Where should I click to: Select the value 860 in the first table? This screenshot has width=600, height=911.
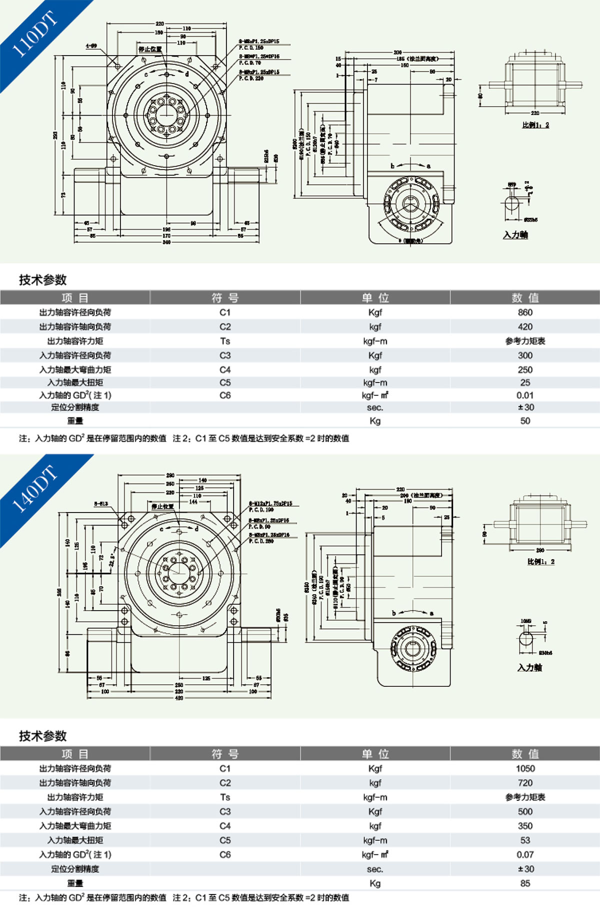pyautogui.click(x=525, y=312)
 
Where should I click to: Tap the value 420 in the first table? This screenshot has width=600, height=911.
pyautogui.click(x=525, y=327)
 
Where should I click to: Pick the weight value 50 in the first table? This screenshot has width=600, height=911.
pyautogui.click(x=525, y=421)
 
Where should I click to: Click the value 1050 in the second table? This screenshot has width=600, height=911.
pyautogui.click(x=525, y=768)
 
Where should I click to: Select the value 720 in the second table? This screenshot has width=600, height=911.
pyautogui.click(x=525, y=783)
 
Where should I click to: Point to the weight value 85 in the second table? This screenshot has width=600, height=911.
pyautogui.click(x=525, y=883)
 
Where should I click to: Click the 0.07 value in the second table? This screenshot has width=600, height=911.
pyautogui.click(x=525, y=854)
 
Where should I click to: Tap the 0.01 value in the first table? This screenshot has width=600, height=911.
pyautogui.click(x=525, y=395)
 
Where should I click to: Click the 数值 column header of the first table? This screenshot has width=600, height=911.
pyautogui.click(x=525, y=298)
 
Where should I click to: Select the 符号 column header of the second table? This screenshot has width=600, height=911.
pyautogui.click(x=225, y=754)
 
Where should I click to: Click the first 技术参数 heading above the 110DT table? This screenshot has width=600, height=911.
pyautogui.click(x=43, y=280)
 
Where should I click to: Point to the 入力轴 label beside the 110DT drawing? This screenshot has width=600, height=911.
pyautogui.click(x=515, y=235)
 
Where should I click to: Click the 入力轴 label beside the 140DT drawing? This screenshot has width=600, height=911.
pyautogui.click(x=529, y=667)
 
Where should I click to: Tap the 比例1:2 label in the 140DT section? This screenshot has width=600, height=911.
pyautogui.click(x=540, y=562)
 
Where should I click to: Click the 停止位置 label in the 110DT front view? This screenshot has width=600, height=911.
pyautogui.click(x=150, y=49)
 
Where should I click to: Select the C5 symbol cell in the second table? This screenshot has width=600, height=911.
pyautogui.click(x=225, y=840)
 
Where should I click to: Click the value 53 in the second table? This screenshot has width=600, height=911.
pyautogui.click(x=525, y=840)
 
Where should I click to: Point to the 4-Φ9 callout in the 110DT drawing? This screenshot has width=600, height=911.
pyautogui.click(x=91, y=46)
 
